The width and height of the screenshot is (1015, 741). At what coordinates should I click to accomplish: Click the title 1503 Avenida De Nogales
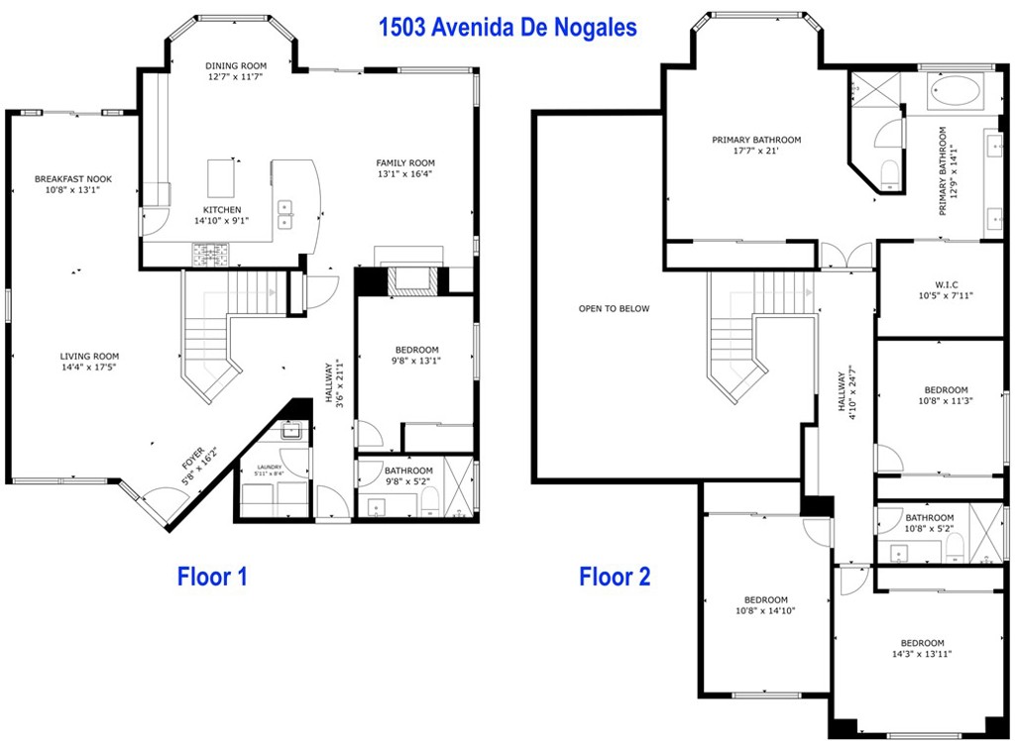(507, 27)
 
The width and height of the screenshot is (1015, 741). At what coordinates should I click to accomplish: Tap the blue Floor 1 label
(212, 576)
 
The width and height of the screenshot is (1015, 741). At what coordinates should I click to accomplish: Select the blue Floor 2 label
(615, 576)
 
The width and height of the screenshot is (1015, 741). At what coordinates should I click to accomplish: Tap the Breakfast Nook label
(73, 179)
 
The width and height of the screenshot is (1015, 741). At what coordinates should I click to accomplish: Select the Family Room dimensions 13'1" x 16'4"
(404, 174)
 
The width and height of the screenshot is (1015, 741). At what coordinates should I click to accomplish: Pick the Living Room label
(89, 357)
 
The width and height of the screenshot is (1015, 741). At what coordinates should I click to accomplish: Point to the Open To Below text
(615, 309)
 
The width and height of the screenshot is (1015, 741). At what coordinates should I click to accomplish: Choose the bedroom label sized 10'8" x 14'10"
(766, 605)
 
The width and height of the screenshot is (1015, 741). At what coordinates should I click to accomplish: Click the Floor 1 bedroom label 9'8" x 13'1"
(416, 356)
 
